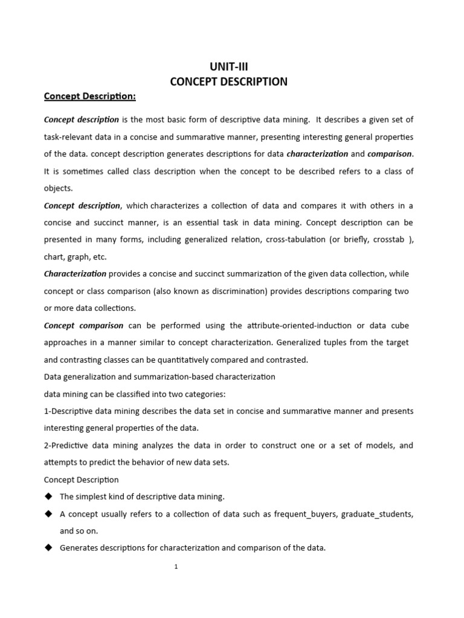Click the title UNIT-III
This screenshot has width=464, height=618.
(x=228, y=67)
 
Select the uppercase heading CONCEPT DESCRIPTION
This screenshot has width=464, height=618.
(x=228, y=81)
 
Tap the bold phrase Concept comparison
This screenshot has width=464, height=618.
(x=83, y=325)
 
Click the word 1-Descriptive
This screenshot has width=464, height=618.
(x=70, y=411)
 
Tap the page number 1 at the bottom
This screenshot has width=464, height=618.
(x=175, y=567)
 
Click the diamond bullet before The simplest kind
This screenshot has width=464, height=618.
(x=48, y=497)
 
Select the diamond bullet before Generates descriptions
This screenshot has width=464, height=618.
(x=48, y=548)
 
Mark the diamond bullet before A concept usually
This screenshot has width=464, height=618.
(x=48, y=514)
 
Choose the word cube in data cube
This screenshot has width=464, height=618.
(x=399, y=325)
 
